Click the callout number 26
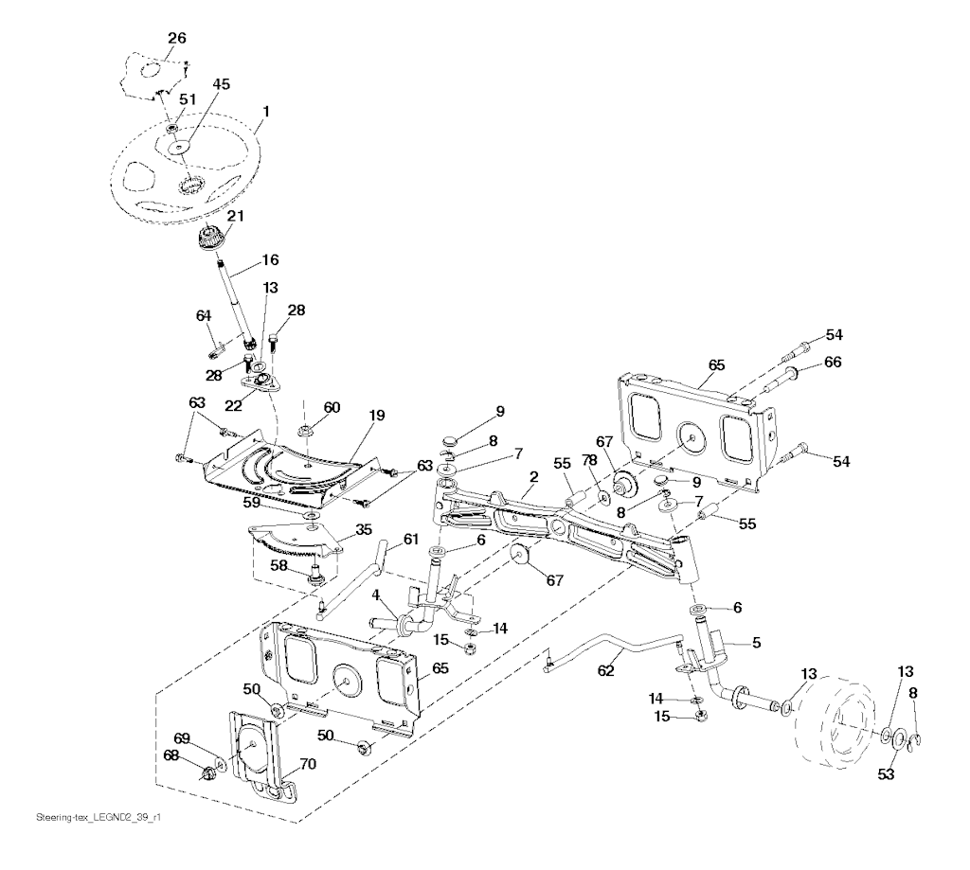click(177, 38)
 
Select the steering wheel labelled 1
click(142, 170)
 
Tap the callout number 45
click(221, 84)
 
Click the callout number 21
click(234, 216)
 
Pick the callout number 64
click(203, 315)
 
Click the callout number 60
click(332, 407)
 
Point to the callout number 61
click(410, 539)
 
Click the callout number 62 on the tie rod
click(606, 670)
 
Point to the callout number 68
click(171, 755)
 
